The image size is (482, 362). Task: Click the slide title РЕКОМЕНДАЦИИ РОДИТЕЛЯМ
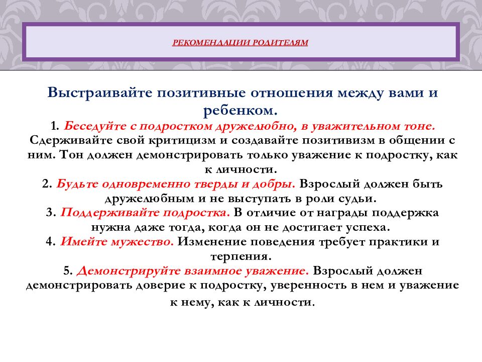(240, 43)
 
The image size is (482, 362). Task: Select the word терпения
(240, 256)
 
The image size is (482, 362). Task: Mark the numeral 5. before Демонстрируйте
(68, 270)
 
